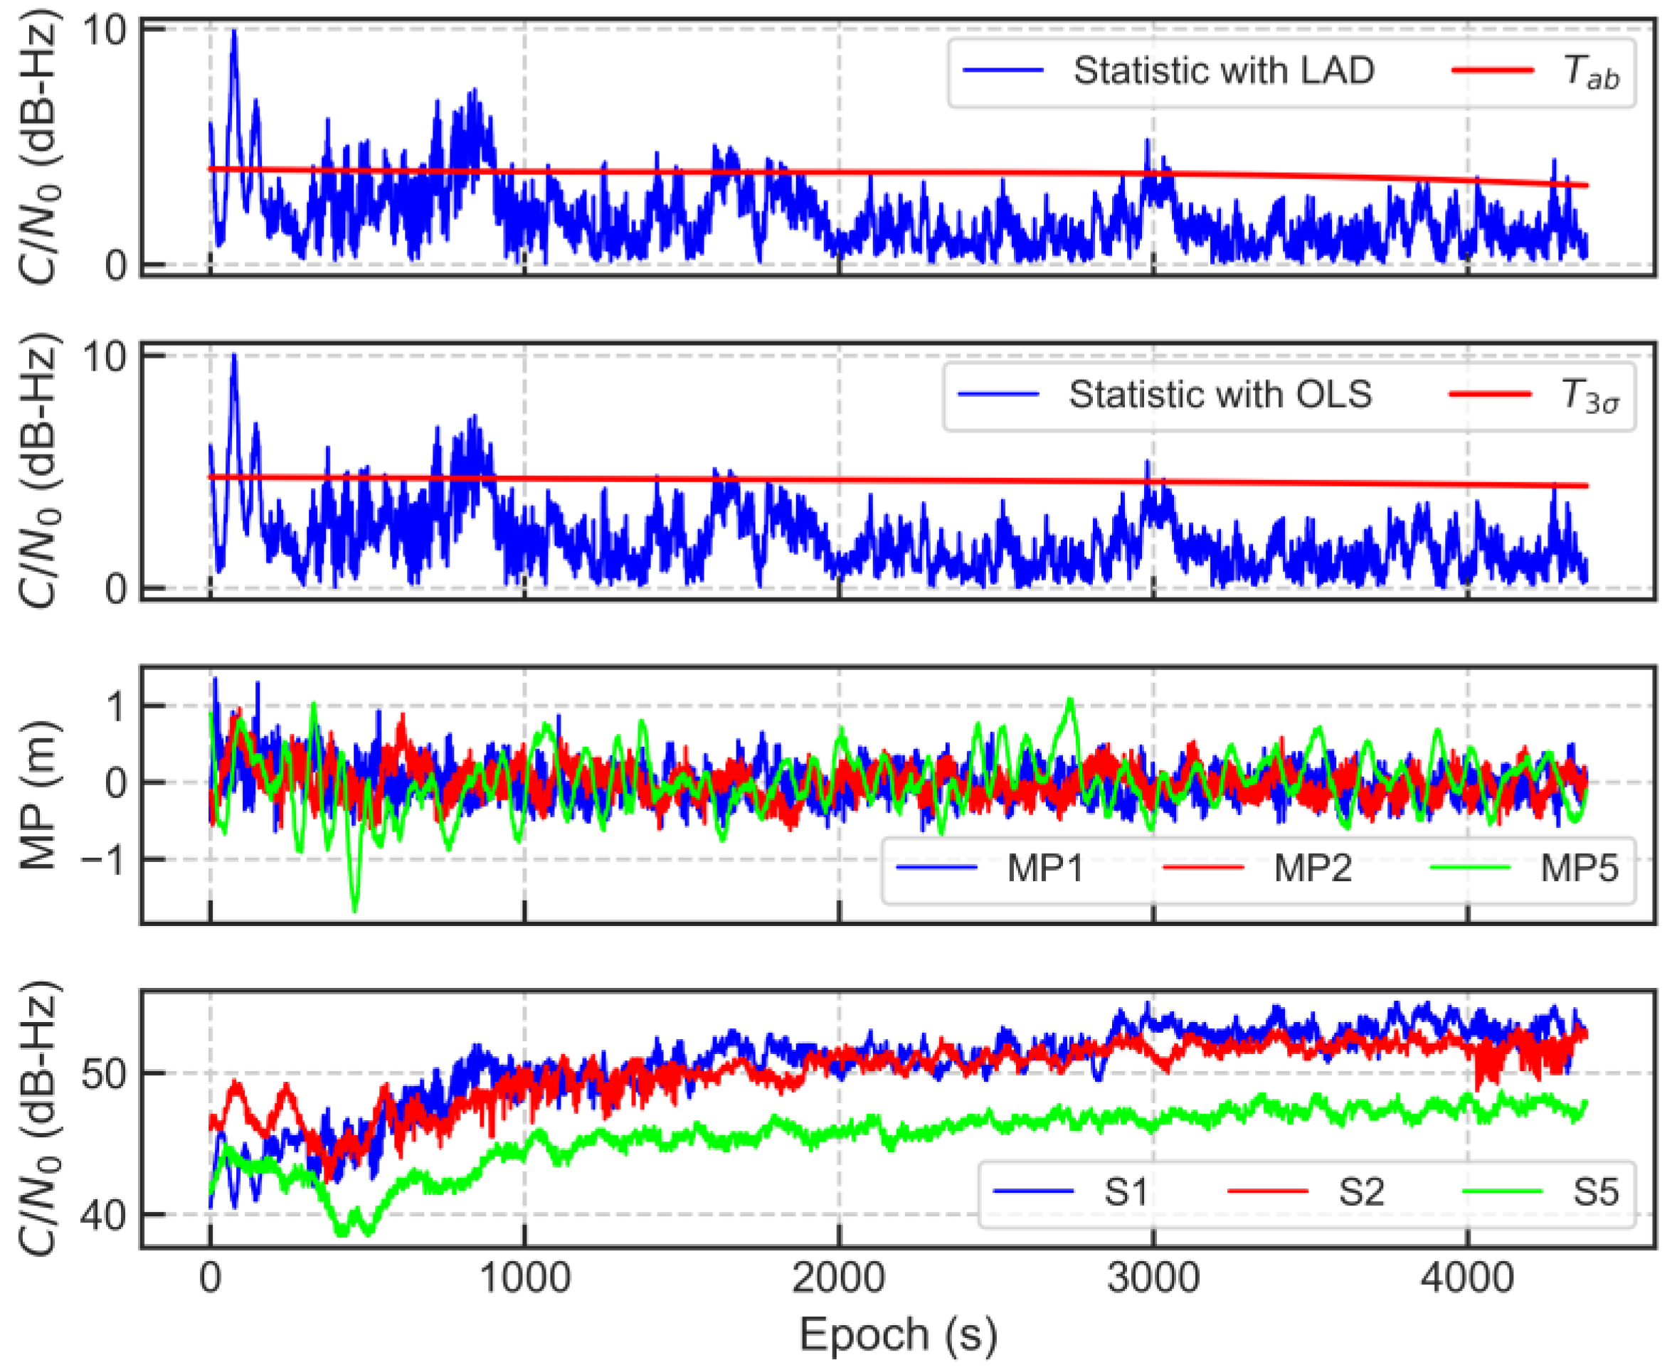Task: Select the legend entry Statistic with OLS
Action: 1220,394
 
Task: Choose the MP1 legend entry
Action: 1044,868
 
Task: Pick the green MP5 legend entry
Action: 1579,868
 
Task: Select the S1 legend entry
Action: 1125,1192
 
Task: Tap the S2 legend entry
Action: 1360,1192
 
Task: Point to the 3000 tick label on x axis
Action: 1153,1278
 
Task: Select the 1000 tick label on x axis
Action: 524,1278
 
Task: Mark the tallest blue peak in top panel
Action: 234,31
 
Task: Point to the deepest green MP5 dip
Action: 354,910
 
